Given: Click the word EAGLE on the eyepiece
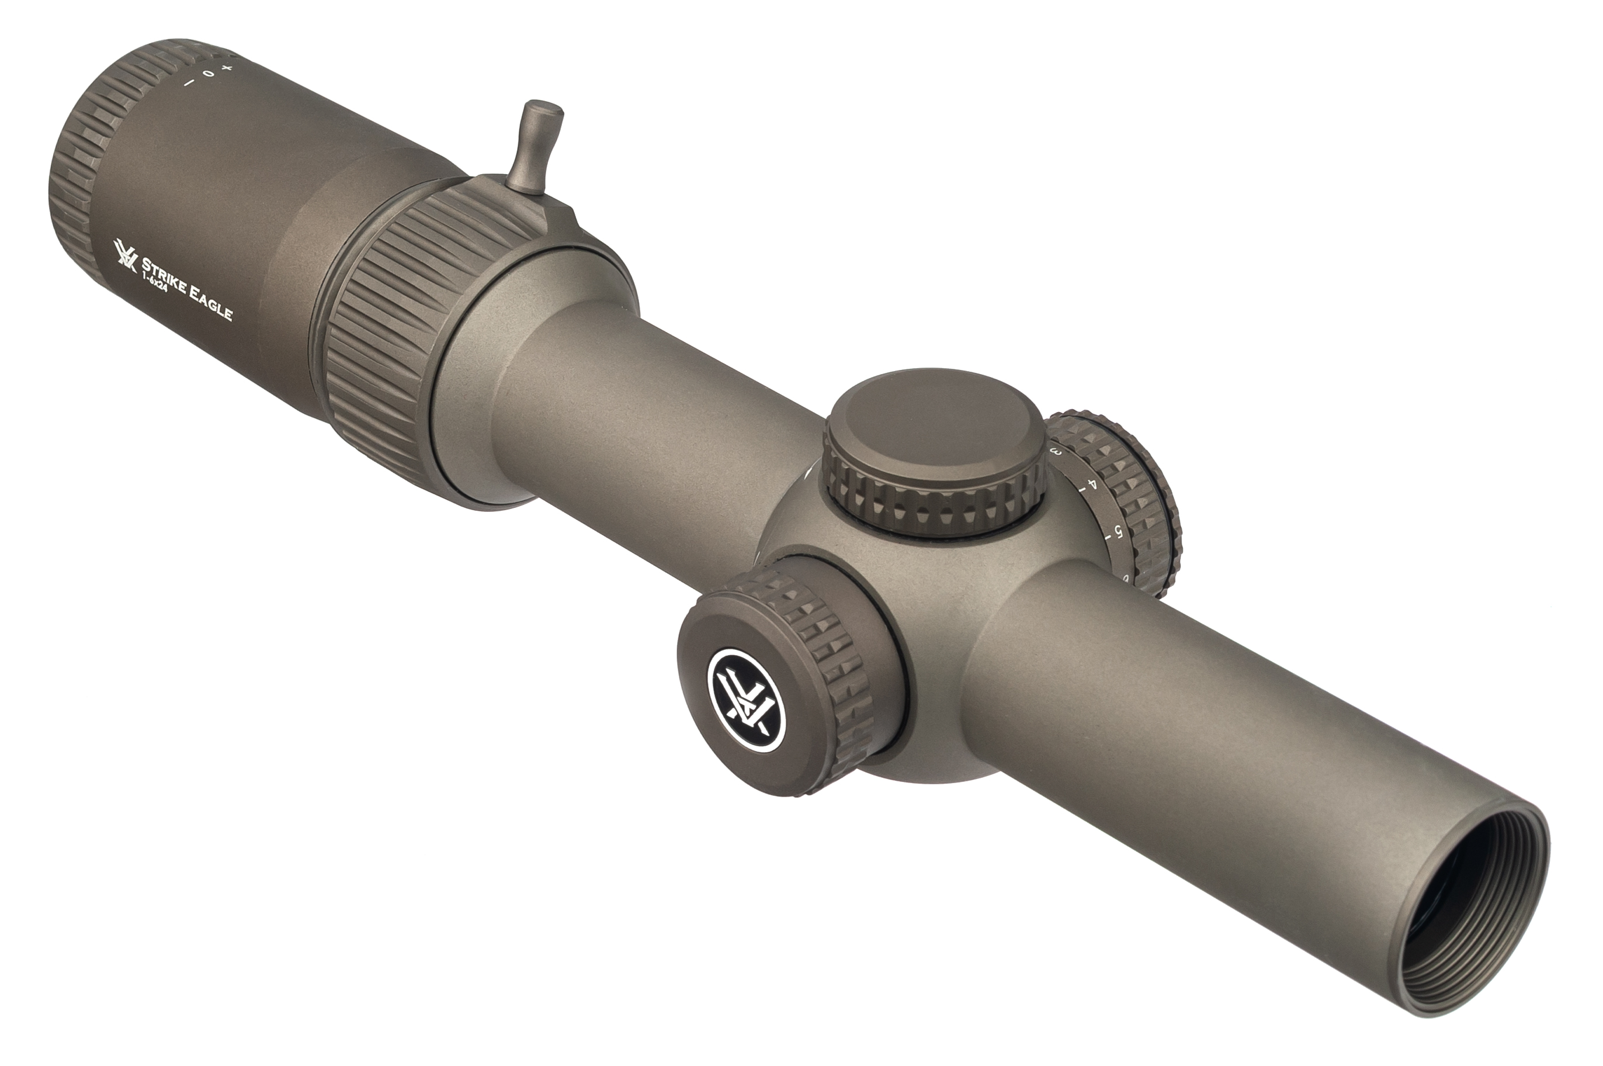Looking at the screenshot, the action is [x=211, y=303].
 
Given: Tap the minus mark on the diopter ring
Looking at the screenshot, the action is [x=188, y=83].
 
